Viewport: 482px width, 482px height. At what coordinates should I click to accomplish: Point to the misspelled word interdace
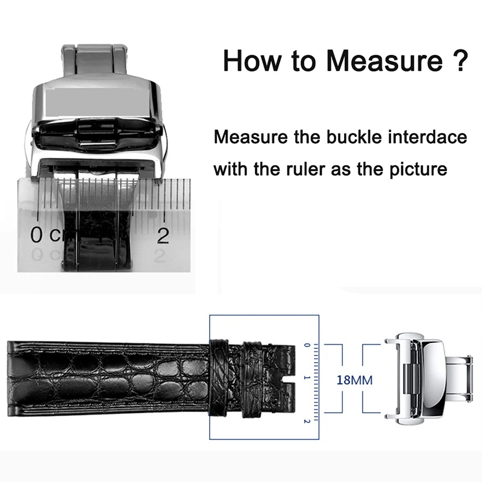pyautogui.click(x=428, y=137)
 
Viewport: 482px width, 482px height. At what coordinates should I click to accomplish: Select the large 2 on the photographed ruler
pyautogui.click(x=163, y=236)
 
